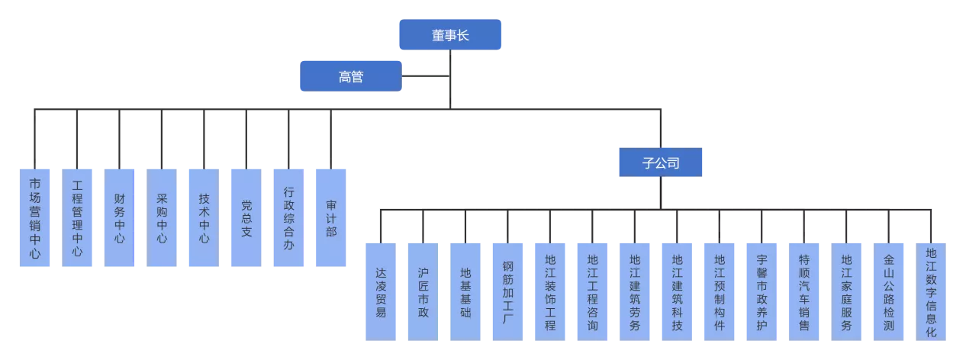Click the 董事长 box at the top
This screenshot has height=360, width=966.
[x=450, y=34]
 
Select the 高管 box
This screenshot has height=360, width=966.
[x=351, y=76]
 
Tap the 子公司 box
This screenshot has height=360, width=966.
[x=662, y=162]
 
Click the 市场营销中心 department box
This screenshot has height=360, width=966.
[x=35, y=217]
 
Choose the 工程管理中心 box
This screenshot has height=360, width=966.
[x=78, y=217]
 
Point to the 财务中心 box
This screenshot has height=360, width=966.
[x=121, y=217]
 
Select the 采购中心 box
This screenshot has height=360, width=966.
[x=162, y=217]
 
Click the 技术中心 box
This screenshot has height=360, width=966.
[x=204, y=217]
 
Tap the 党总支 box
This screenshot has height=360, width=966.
[x=246, y=217]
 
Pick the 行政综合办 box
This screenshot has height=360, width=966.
[x=288, y=217]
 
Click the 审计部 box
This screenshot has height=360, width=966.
[x=330, y=217]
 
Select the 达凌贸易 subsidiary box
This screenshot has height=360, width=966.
[x=379, y=290]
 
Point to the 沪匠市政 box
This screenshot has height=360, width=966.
[x=422, y=290]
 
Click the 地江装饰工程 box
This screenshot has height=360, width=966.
[x=550, y=290]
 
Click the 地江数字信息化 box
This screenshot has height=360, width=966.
[x=931, y=290]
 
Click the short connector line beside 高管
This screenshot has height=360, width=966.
[x=424, y=76]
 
